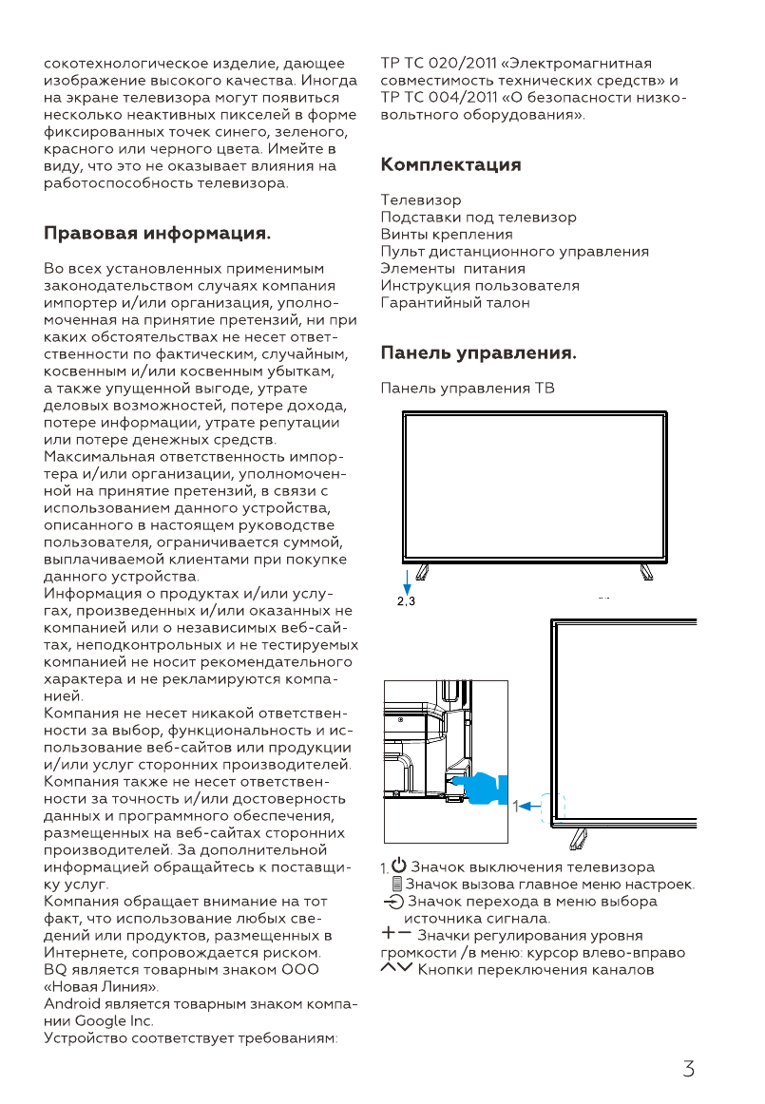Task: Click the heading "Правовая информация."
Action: point(158,233)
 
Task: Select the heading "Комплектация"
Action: point(450,165)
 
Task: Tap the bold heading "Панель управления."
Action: point(478,354)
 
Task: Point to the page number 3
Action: point(688,1069)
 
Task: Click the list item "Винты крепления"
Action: point(447,235)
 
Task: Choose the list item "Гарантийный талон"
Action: point(455,303)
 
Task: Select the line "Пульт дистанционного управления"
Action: point(514,252)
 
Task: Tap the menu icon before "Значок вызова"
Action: point(397,885)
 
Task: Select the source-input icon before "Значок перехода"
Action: point(393,902)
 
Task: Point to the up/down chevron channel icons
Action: point(395,969)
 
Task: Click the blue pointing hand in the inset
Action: point(483,788)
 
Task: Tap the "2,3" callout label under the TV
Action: point(406,601)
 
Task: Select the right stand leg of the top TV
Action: point(646,571)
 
